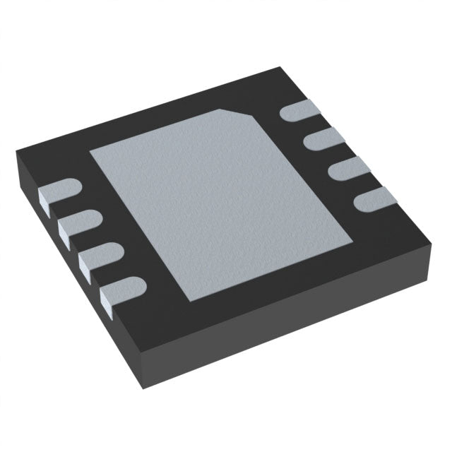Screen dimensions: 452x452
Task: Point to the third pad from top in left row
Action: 100,254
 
